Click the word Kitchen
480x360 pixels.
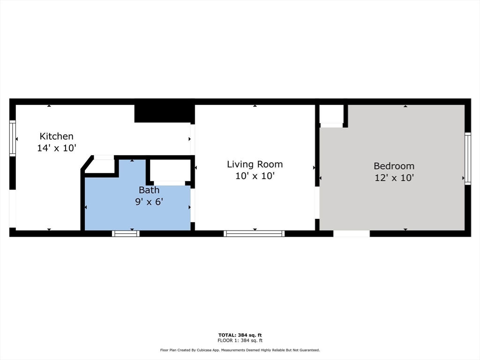coord(57,136)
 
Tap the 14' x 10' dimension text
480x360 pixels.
coord(57,148)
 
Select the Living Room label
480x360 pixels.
coord(255,165)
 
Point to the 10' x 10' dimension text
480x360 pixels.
coord(255,176)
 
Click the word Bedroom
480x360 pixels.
coord(394,166)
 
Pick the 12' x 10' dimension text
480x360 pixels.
coord(394,178)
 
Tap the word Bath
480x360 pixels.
coord(149,190)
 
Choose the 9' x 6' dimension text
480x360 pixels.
coord(149,202)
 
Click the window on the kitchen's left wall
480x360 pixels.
coord(13,138)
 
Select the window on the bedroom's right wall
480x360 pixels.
coord(468,158)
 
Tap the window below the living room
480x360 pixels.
coord(254,233)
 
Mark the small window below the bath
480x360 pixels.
coord(126,233)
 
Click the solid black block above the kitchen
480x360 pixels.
coord(163,113)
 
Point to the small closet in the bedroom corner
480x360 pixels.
coord(331,114)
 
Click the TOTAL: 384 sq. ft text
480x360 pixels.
coord(240,335)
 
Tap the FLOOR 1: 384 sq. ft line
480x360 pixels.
coord(240,340)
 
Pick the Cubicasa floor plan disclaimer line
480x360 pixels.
coord(240,350)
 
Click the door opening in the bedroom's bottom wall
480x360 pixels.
coord(352,233)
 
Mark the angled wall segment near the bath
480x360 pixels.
coord(87,163)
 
